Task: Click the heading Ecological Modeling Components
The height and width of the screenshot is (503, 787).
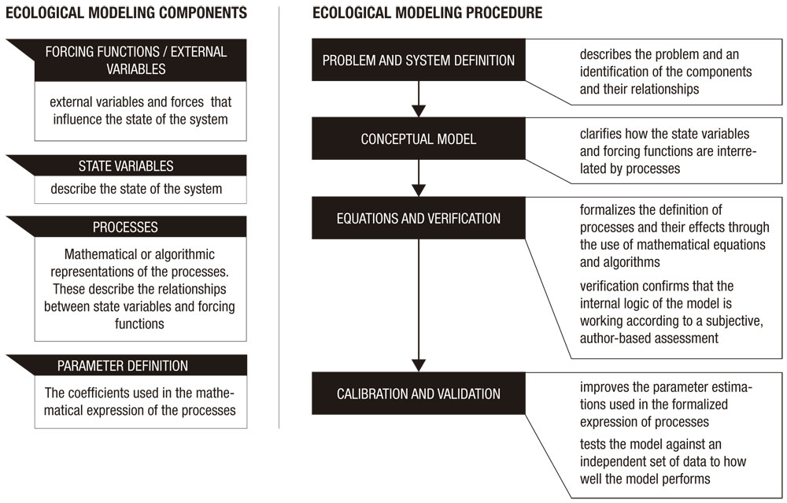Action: pyautogui.click(x=127, y=13)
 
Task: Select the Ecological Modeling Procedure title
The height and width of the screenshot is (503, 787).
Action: pyautogui.click(x=427, y=13)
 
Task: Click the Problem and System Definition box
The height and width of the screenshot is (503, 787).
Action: pyautogui.click(x=418, y=61)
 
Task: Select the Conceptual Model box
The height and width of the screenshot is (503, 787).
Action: pyautogui.click(x=418, y=139)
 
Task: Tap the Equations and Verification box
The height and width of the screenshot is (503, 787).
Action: pyautogui.click(x=418, y=218)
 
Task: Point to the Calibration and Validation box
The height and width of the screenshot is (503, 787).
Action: pyautogui.click(x=418, y=394)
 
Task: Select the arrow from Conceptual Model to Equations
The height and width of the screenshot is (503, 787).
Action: pyautogui.click(x=419, y=178)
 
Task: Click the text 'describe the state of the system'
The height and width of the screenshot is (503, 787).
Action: pyautogui.click(x=136, y=189)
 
